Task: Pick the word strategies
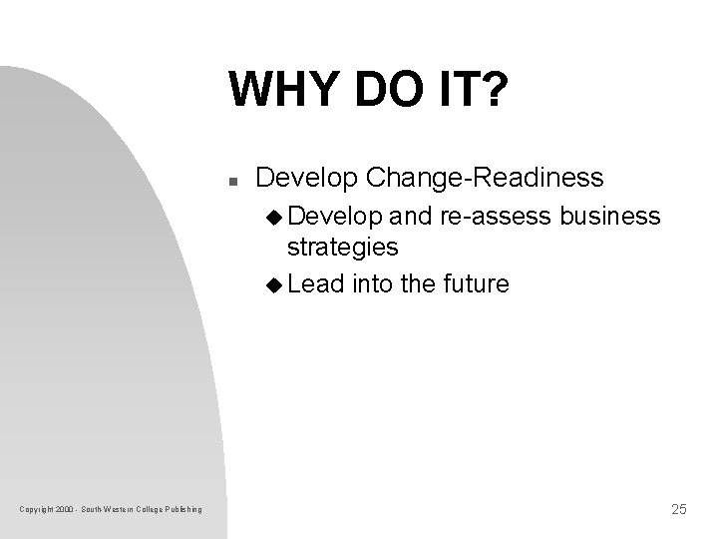[x=342, y=246]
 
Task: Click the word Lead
[x=314, y=284]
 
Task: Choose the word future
[x=473, y=284]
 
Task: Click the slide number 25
[x=678, y=510]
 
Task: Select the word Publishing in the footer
[x=182, y=511]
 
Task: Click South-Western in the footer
[x=104, y=511]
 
